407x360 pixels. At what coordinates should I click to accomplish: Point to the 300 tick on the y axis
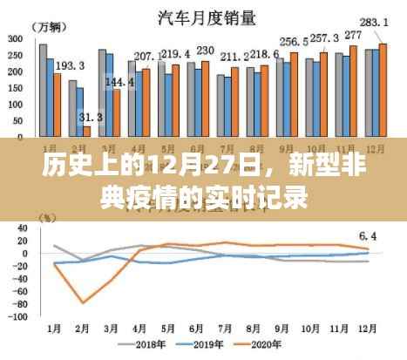click(x=16, y=39)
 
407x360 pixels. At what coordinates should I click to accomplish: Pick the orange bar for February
click(x=87, y=131)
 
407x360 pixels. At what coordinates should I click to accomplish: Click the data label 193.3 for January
click(x=70, y=65)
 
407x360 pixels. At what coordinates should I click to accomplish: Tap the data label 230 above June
click(x=206, y=51)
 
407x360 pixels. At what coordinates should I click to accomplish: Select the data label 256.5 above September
click(x=293, y=41)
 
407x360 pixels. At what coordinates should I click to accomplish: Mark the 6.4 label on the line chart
click(x=368, y=235)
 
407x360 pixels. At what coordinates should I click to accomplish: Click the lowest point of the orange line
click(x=84, y=302)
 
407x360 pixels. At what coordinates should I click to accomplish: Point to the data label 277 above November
click(x=353, y=36)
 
